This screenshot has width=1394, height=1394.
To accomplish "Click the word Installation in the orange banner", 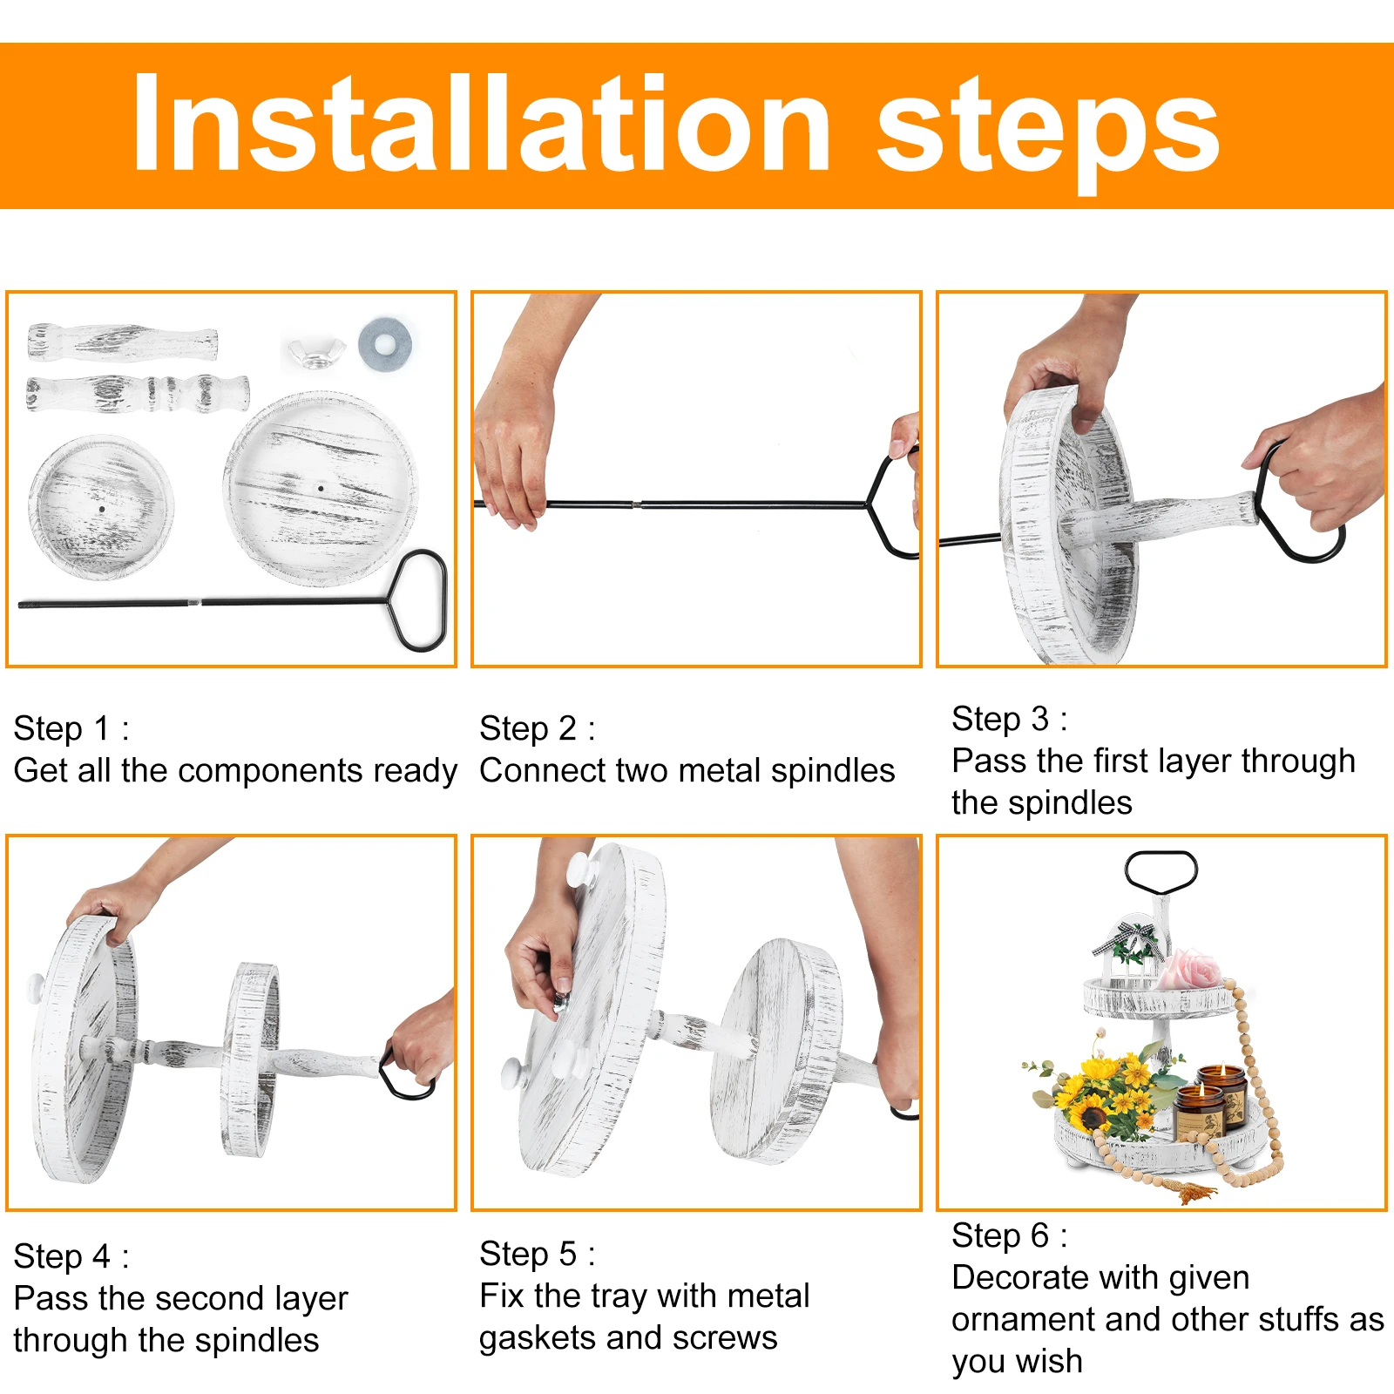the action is point(482,124).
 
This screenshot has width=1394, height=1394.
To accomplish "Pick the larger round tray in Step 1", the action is point(321,488).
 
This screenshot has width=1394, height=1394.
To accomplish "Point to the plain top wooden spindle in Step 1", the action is point(122,342).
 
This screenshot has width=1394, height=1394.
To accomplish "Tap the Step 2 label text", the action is point(537,728).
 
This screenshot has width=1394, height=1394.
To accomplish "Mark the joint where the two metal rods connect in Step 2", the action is point(638,504).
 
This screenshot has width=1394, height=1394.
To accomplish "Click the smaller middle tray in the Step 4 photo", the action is point(251,1059).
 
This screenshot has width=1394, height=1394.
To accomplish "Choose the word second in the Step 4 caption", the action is point(209,1298).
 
